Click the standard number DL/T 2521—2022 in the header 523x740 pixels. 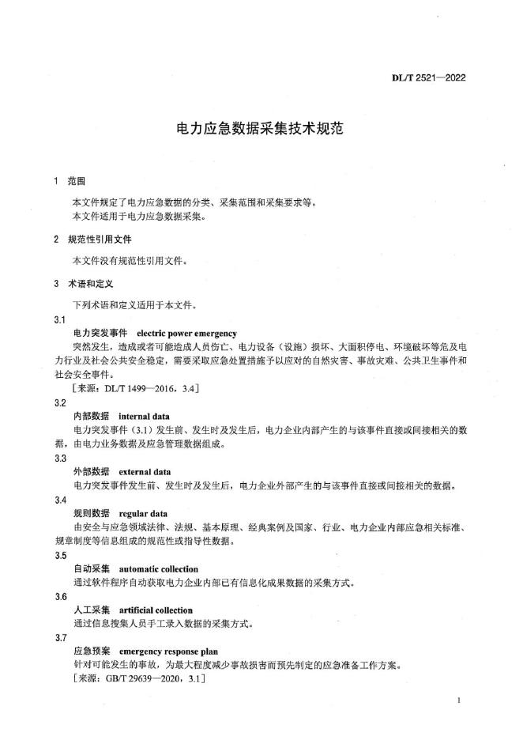(x=429, y=79)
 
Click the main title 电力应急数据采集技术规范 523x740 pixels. (x=261, y=128)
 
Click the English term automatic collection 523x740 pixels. (x=158, y=568)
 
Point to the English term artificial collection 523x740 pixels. (x=155, y=610)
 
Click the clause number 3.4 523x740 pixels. (x=60, y=500)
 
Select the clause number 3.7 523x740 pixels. (x=60, y=637)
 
